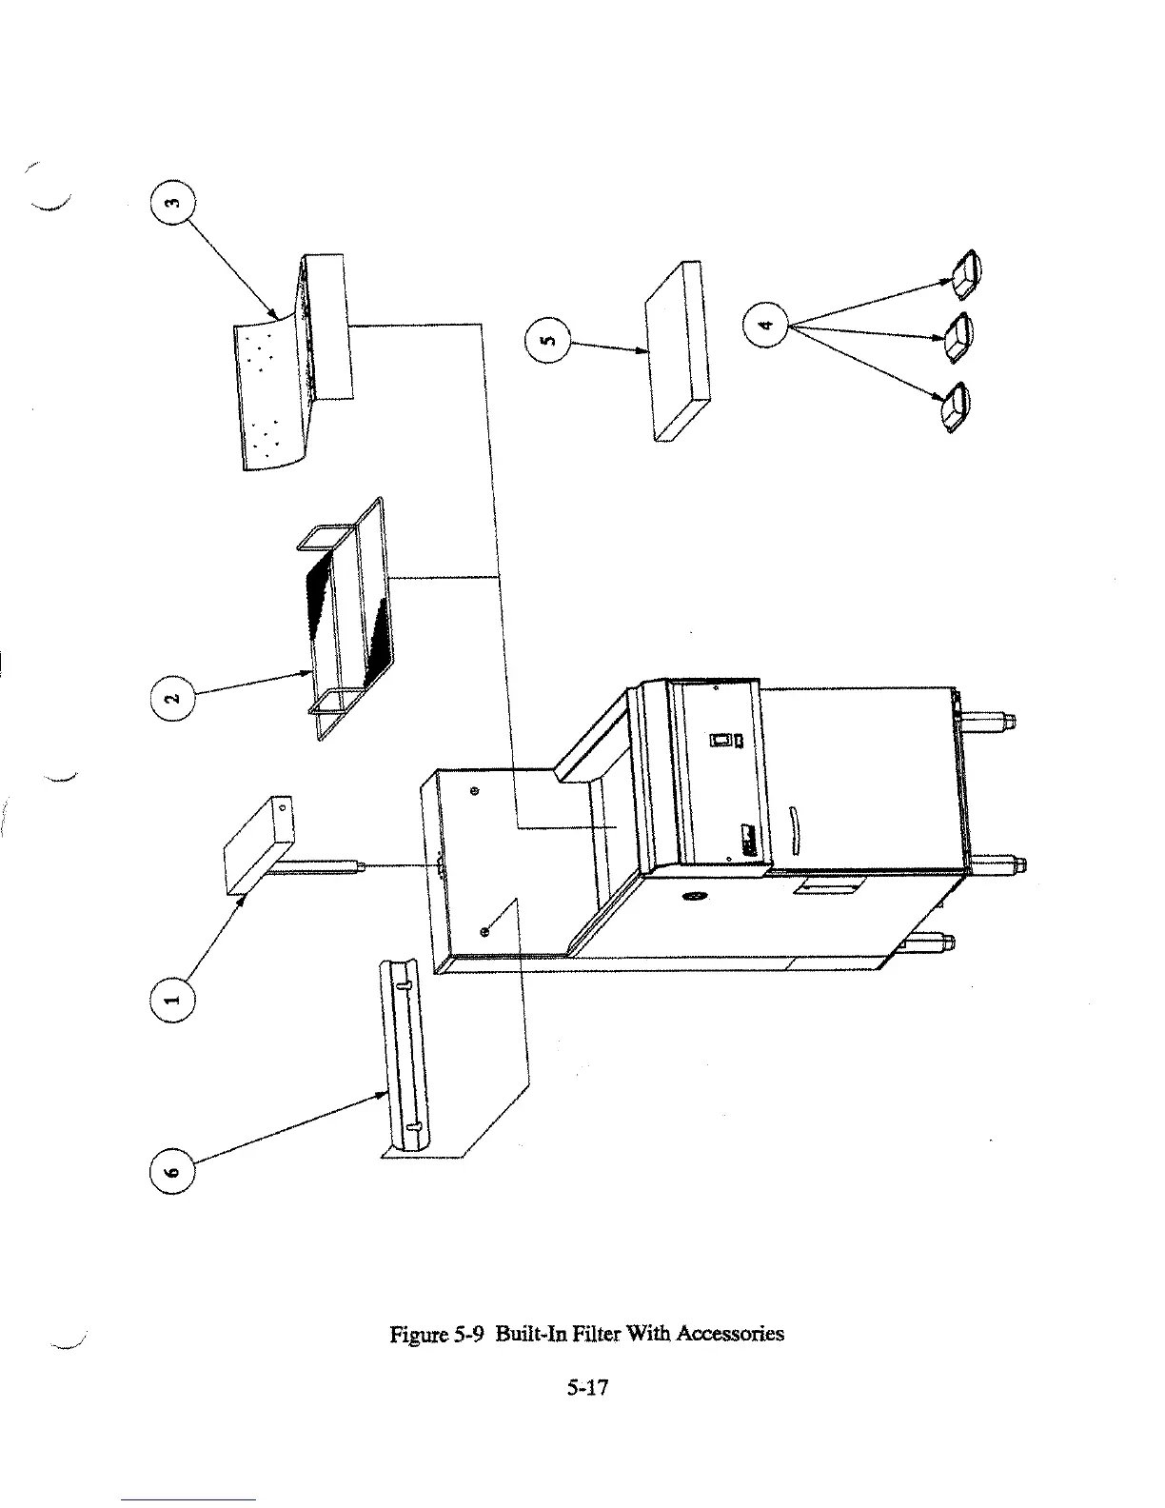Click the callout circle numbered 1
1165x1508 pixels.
click(x=172, y=1000)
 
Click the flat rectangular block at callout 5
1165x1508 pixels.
click(x=679, y=352)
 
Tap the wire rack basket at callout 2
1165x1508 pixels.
click(x=350, y=619)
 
